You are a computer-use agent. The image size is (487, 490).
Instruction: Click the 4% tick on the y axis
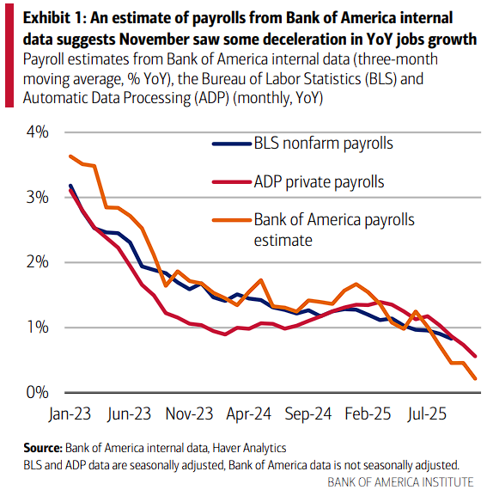click(x=37, y=132)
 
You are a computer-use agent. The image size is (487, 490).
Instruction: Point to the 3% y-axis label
click(x=37, y=198)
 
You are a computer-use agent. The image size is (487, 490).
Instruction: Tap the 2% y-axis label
click(x=37, y=262)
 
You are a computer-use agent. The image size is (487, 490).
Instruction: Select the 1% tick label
click(x=37, y=328)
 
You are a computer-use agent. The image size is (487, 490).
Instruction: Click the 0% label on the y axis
click(x=37, y=393)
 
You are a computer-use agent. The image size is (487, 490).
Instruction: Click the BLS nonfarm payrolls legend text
click(x=324, y=144)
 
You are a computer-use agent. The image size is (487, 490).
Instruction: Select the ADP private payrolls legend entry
click(x=319, y=181)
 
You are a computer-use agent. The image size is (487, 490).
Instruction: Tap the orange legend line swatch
click(x=229, y=220)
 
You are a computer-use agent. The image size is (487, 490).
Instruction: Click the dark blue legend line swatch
click(x=229, y=144)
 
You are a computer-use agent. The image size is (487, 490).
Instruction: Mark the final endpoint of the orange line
click(x=476, y=378)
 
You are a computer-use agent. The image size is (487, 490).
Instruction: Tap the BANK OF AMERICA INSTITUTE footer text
click(x=399, y=480)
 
